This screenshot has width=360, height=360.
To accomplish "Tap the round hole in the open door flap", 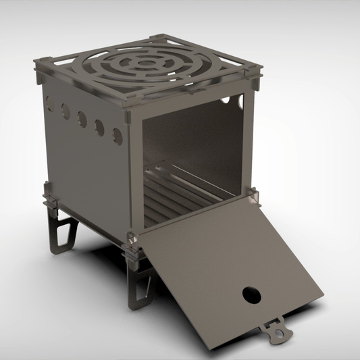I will point(251,294).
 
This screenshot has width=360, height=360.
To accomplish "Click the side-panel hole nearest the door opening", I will point(117,136).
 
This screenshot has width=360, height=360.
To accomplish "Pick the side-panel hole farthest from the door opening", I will point(49,103).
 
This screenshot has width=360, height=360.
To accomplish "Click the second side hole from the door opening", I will point(99,127).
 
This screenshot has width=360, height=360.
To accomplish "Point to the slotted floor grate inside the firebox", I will point(176,196).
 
